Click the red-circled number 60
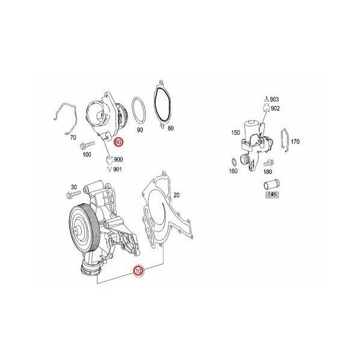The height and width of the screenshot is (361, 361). click(119, 142)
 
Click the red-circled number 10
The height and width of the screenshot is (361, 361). click(139, 271)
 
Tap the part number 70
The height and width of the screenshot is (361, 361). click(73, 137)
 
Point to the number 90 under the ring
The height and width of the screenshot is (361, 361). click(140, 129)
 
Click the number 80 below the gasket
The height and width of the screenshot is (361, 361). click(170, 128)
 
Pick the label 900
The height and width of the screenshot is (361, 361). click(118, 160)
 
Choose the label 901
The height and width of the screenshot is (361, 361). click(118, 169)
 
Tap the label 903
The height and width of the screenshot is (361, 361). click(274, 99)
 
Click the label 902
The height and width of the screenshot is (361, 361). click(275, 108)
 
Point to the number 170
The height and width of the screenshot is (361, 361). click(295, 142)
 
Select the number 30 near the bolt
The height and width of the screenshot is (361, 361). click(75, 187)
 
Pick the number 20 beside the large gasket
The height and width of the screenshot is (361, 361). click(177, 195)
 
